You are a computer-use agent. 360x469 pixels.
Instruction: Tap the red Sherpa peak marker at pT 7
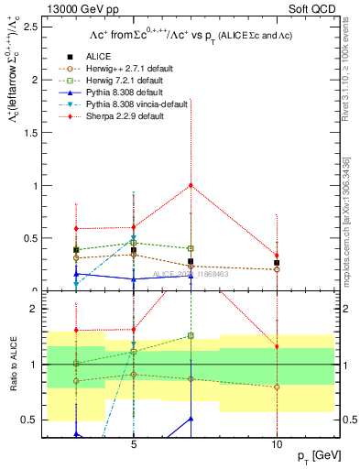[191, 185]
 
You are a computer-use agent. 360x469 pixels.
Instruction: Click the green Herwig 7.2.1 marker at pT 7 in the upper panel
[191, 248]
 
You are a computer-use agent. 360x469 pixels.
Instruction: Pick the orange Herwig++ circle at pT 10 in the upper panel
[277, 269]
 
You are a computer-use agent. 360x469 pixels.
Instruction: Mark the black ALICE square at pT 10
[277, 262]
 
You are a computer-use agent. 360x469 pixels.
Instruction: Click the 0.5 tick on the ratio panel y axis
[30, 420]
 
